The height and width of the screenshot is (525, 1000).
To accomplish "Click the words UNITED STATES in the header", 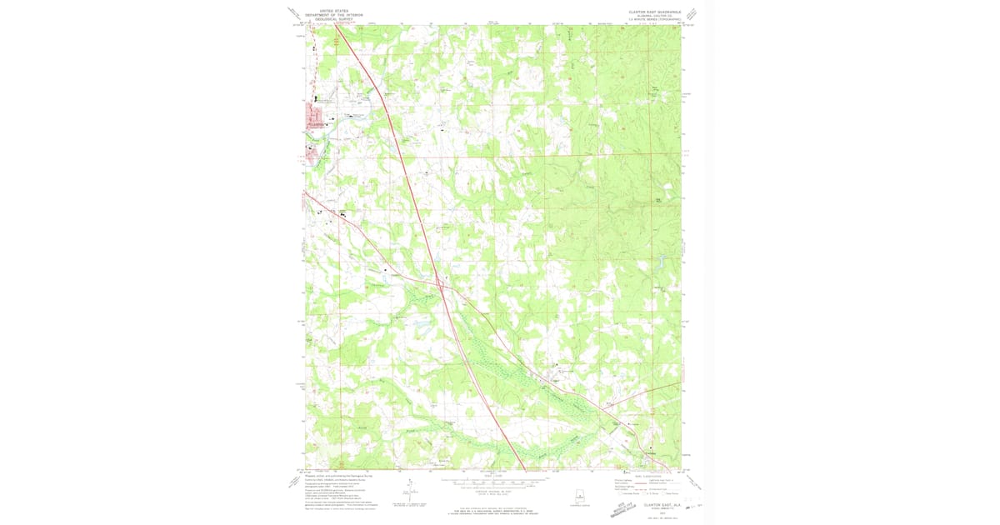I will click(x=327, y=11).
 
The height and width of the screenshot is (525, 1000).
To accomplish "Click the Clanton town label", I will click(x=313, y=124).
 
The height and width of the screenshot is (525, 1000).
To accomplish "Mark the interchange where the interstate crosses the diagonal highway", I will click(x=438, y=279).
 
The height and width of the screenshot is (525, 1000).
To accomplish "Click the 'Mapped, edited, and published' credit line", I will click(x=334, y=476).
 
